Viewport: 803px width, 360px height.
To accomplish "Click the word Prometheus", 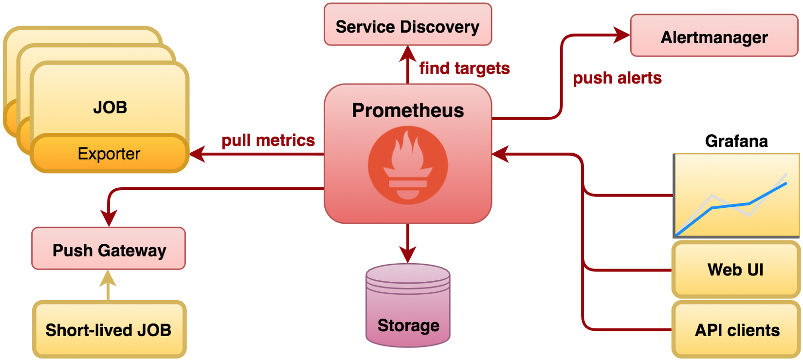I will [408, 110].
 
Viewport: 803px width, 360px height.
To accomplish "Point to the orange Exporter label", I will [109, 154].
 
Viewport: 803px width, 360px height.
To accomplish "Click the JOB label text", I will [110, 107].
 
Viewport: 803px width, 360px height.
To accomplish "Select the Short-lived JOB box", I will [109, 330].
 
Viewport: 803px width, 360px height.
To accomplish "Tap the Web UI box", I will [735, 270].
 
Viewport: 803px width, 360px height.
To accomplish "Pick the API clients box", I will [736, 330].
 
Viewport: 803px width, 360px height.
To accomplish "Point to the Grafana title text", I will [736, 141].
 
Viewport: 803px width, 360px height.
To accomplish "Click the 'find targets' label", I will [464, 68].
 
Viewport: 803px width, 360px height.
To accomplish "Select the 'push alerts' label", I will [617, 78].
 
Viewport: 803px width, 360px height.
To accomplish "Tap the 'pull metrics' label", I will [268, 140].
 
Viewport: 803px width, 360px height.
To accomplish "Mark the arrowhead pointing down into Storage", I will [408, 254].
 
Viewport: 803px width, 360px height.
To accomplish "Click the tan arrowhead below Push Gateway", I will [108, 278].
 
